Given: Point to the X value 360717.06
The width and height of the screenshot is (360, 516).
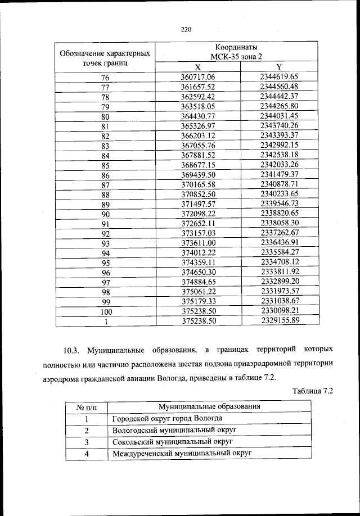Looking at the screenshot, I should click(x=199, y=77).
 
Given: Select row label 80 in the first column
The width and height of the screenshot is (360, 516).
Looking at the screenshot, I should click(x=105, y=117).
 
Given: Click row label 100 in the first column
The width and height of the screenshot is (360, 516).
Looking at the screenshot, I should click(x=105, y=311).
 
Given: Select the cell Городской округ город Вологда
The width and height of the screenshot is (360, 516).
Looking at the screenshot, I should click(x=167, y=418).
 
